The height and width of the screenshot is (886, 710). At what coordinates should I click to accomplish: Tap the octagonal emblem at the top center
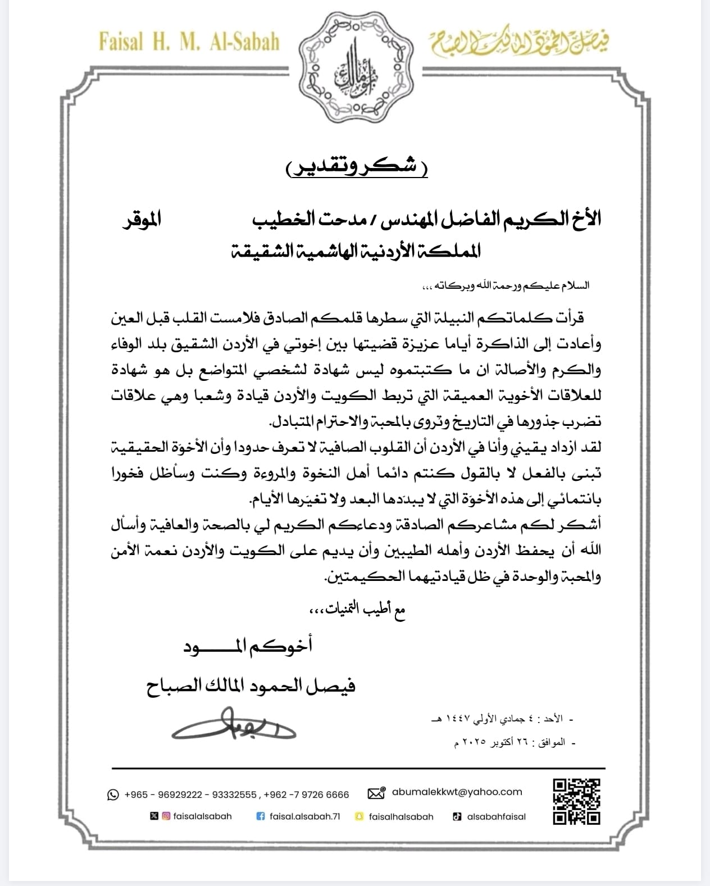tap(354, 65)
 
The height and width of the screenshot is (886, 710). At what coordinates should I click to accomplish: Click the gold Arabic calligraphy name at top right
tap(519, 43)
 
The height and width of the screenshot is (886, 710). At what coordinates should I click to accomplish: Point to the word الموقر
tap(142, 217)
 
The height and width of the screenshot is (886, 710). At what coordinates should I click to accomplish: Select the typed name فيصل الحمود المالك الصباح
tap(251, 687)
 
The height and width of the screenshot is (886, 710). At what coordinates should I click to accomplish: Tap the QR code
tap(576, 801)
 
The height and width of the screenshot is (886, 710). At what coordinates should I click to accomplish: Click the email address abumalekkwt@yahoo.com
tap(457, 792)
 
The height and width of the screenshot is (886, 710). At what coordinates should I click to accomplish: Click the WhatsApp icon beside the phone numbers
tap(113, 794)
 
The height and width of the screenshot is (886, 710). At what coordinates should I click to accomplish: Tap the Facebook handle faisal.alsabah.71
tap(304, 816)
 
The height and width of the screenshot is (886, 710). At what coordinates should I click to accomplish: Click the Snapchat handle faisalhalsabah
tap(401, 816)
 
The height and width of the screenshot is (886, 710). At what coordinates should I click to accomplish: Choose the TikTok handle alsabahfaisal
tap(496, 816)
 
